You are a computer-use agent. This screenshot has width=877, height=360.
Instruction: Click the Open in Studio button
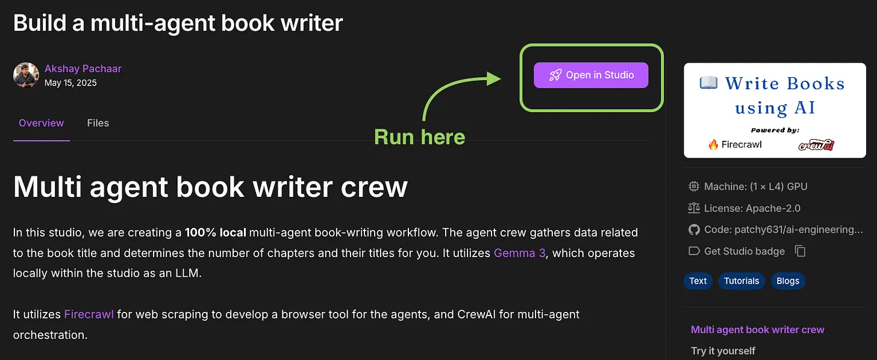click(x=591, y=75)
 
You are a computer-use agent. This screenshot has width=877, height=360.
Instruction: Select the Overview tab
click(x=41, y=123)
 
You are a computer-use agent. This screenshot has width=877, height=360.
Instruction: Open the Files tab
click(x=98, y=123)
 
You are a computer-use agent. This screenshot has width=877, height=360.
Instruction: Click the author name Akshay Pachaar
click(x=83, y=69)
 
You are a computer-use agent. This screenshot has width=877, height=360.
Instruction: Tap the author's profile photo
click(x=26, y=75)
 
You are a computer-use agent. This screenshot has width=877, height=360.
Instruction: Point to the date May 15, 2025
click(x=70, y=83)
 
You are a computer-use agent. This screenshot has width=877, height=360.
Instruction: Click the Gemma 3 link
click(x=520, y=253)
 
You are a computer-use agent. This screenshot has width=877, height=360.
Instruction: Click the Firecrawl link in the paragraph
click(x=89, y=314)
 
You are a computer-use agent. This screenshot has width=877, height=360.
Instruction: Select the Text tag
click(x=698, y=281)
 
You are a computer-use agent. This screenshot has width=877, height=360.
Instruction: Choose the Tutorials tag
click(x=741, y=281)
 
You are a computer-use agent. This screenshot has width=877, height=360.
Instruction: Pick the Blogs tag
click(x=788, y=281)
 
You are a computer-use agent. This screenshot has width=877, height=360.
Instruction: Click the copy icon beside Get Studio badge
click(x=801, y=251)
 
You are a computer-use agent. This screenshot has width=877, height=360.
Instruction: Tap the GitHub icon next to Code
click(x=694, y=230)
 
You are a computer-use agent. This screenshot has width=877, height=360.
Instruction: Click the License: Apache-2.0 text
click(x=752, y=208)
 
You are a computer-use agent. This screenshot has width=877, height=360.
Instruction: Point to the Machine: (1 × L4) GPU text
click(x=755, y=186)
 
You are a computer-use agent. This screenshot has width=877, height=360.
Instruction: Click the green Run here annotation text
click(x=420, y=137)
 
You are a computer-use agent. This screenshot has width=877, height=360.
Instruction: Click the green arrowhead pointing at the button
click(x=494, y=78)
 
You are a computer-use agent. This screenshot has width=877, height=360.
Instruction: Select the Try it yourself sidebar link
click(x=723, y=350)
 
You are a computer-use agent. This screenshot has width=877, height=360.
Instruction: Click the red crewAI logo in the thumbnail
click(x=816, y=144)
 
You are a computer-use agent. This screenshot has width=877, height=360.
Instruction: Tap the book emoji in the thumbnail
click(x=708, y=82)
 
